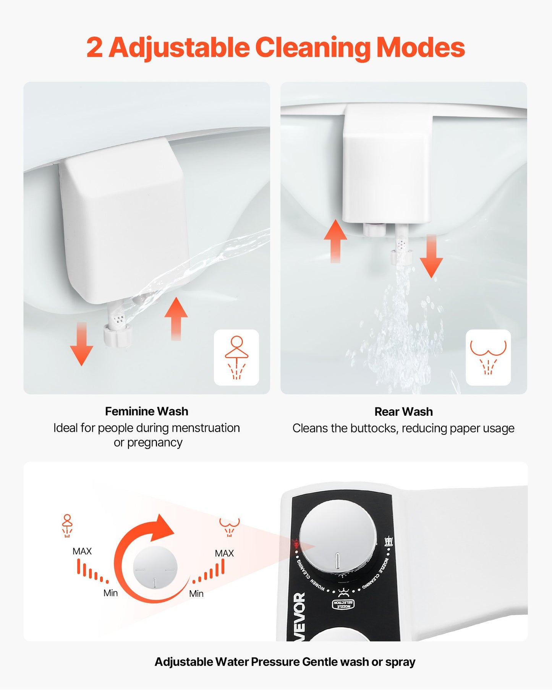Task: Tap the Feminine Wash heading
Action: [147, 411]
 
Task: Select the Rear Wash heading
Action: [403, 411]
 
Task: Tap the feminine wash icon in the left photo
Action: [236, 357]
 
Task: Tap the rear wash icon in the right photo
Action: [488, 357]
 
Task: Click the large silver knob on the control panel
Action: [337, 542]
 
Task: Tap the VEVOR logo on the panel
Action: [300, 615]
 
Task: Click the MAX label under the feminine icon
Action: [82, 551]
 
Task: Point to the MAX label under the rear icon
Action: [224, 553]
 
